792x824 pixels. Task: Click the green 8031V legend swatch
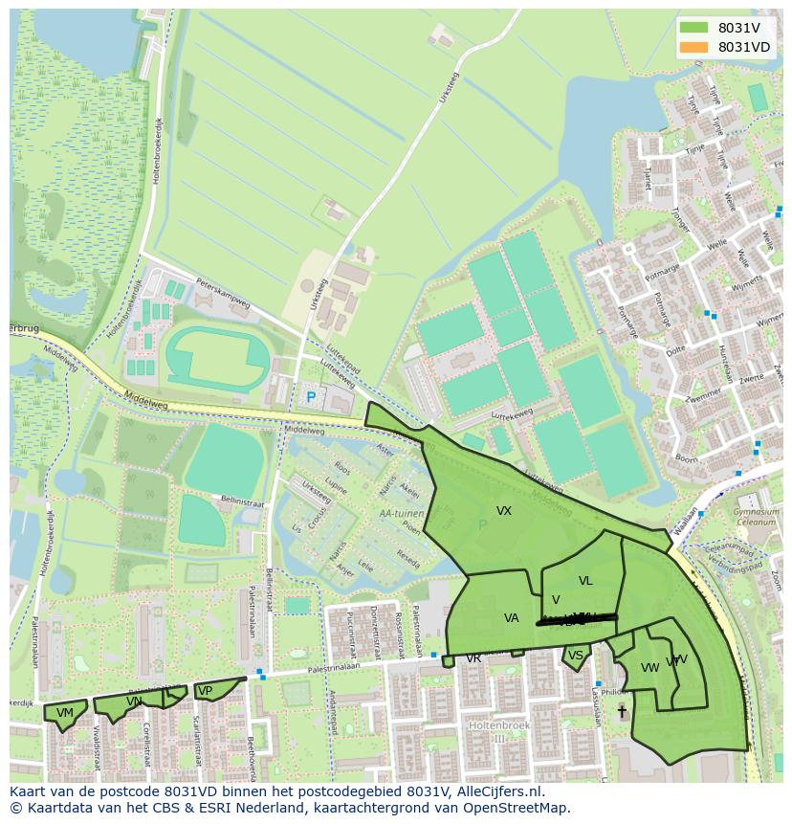(693, 28)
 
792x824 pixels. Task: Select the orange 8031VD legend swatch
(693, 47)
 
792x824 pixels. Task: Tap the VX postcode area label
(504, 511)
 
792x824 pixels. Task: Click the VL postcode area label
(585, 581)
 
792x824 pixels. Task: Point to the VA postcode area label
(512, 618)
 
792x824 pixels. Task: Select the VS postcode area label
(575, 656)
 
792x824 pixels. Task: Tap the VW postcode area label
(650, 667)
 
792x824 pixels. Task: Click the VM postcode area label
(64, 713)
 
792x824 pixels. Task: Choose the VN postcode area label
(134, 702)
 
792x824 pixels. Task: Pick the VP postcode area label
(204, 691)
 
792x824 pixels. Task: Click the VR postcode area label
(473, 659)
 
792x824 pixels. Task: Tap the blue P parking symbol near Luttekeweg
(310, 397)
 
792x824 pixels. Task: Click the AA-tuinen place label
(401, 513)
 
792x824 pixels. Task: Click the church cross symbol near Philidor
(622, 711)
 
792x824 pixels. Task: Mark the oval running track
(217, 358)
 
